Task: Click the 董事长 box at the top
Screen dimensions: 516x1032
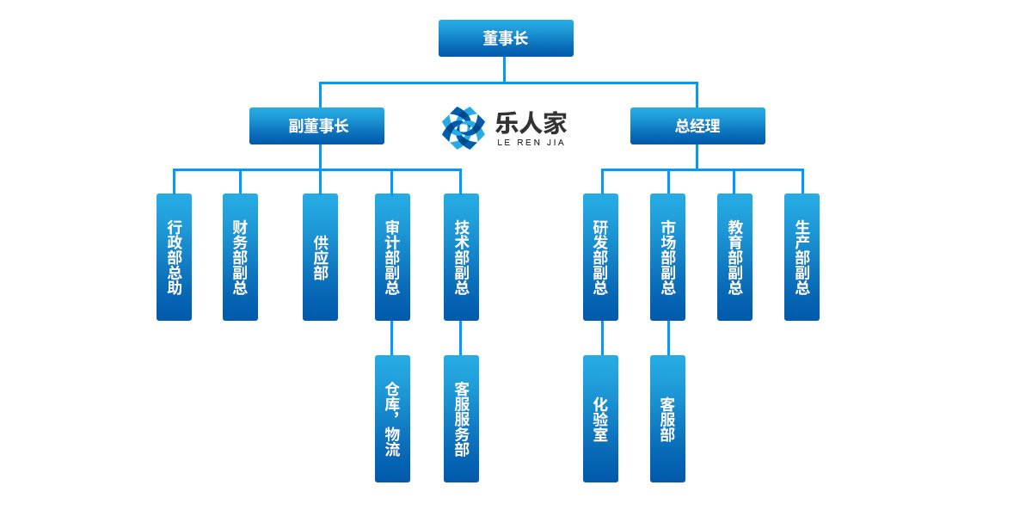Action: tap(506, 39)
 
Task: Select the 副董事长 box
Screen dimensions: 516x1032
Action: tap(316, 126)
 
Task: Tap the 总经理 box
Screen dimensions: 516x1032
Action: tap(697, 126)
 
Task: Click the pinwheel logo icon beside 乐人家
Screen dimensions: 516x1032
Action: tap(464, 127)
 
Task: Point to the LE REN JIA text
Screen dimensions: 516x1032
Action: tap(531, 143)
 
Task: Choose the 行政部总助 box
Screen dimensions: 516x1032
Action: tap(174, 257)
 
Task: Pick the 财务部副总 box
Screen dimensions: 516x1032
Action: tap(240, 257)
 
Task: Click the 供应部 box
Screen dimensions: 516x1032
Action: tap(320, 257)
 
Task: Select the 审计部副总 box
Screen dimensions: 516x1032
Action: tap(392, 257)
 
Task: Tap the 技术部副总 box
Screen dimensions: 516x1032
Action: tap(461, 257)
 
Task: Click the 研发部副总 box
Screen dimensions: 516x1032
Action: tap(600, 257)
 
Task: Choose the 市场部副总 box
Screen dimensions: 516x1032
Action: tap(667, 257)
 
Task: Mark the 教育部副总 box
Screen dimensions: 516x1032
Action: tap(734, 257)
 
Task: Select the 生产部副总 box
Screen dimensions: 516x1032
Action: tap(802, 257)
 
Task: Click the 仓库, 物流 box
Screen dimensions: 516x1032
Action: tap(392, 419)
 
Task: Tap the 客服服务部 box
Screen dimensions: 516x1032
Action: tap(461, 419)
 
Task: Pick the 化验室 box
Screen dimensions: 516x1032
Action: tap(600, 419)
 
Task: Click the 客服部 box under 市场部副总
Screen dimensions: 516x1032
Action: tap(667, 419)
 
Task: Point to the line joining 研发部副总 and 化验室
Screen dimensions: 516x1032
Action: tap(602, 338)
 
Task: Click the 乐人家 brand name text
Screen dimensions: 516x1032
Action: tap(531, 123)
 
